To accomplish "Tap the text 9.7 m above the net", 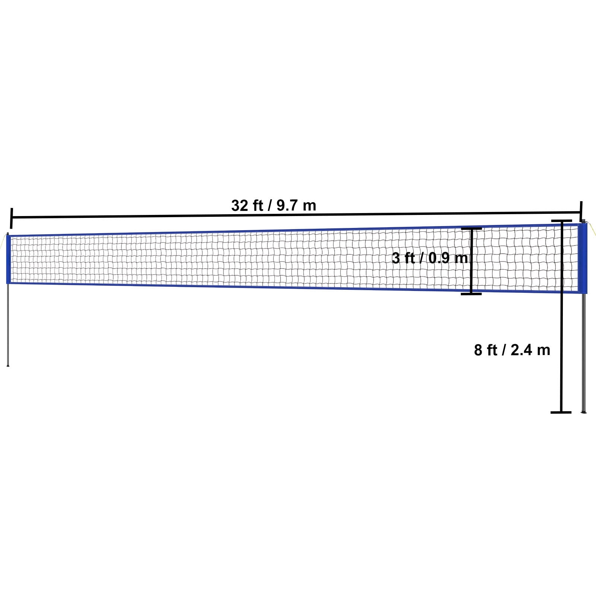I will pos(296,205).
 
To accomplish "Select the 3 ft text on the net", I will pos(403,258).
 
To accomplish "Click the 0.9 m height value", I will pos(447,258).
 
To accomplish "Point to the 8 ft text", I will pos(485,350).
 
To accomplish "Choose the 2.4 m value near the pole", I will pos(530,350).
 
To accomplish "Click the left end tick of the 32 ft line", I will pos(11,218).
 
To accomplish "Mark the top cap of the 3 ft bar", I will pos(471,228).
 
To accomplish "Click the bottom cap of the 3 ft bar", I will pos(471,294).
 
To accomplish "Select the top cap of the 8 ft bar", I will pos(561,221).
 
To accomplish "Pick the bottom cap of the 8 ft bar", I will pos(561,412).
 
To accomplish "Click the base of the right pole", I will pos(584,412).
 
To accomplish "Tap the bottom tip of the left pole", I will pos(8,365).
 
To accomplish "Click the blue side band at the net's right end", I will pos(583,259).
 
